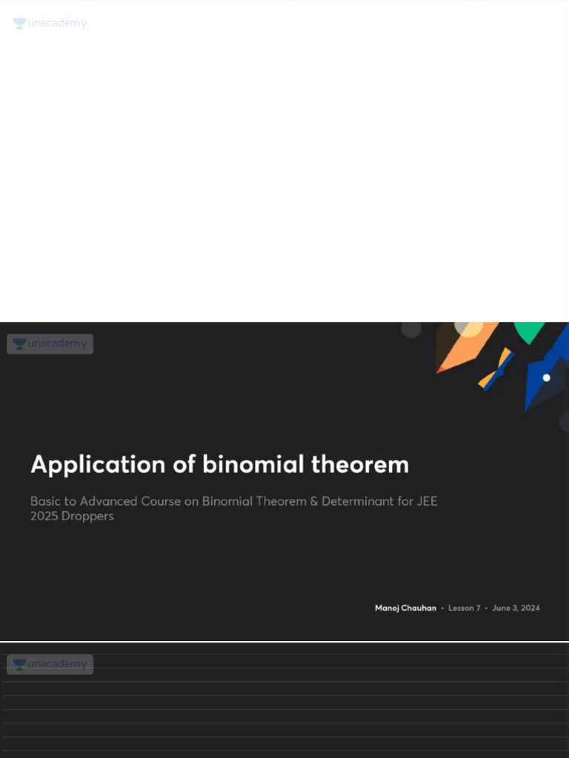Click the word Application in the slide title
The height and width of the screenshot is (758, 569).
87,465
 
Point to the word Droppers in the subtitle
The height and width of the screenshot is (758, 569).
89,516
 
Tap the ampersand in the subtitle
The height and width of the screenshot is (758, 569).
314,501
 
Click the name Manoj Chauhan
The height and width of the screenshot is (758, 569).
405,608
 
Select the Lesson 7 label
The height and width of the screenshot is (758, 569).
464,608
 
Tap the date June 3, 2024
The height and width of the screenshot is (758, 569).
516,608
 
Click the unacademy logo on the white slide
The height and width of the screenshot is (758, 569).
50,24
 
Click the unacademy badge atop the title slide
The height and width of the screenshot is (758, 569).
50,344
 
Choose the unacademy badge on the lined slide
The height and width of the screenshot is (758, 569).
50,664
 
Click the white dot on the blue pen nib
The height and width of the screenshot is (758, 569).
547,378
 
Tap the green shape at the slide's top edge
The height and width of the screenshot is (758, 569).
529,331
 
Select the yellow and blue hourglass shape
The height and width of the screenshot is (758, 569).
496,369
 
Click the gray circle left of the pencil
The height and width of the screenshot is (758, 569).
411,329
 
